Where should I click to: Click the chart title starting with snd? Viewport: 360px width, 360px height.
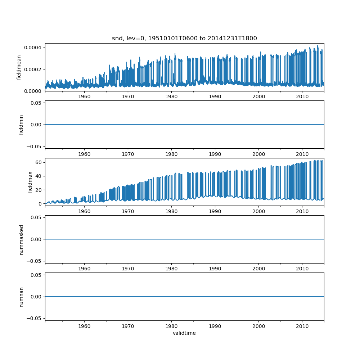[184, 39]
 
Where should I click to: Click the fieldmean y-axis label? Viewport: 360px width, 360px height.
[19, 67]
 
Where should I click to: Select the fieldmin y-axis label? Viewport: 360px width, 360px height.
[21, 125]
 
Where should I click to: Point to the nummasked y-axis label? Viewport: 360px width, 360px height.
[21, 239]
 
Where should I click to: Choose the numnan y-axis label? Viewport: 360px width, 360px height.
[21, 297]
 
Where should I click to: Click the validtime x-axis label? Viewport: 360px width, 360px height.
[184, 333]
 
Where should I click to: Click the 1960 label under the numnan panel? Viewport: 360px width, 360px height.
[84, 326]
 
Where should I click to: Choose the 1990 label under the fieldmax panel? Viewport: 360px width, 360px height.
[215, 211]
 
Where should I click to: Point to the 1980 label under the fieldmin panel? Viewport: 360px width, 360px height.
[171, 154]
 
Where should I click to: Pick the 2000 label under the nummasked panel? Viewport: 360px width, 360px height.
[258, 269]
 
